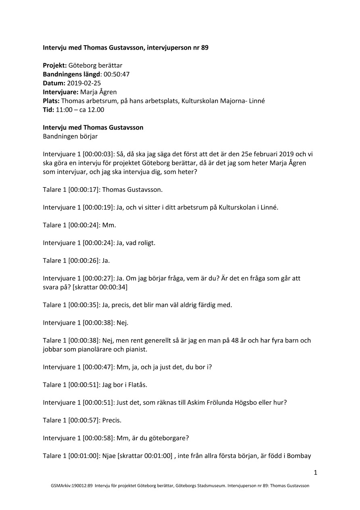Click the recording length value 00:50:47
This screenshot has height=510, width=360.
click(117, 74)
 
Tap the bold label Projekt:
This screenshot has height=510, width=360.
click(55, 65)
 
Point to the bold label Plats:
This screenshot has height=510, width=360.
click(51, 101)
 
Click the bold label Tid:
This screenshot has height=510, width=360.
click(48, 109)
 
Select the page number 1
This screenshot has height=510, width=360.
click(316, 472)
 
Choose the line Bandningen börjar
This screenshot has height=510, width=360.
click(70, 136)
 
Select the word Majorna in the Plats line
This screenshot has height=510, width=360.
click(231, 101)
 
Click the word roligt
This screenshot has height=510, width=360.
click(140, 243)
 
